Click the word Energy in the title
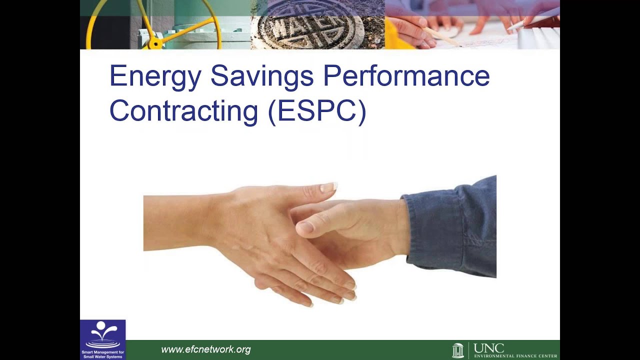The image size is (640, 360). (x=155, y=76)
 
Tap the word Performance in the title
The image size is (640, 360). (x=406, y=76)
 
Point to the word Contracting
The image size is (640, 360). (x=183, y=111)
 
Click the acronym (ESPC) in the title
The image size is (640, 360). (x=317, y=111)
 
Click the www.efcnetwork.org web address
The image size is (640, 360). (x=205, y=350)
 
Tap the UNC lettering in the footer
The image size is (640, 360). (x=488, y=347)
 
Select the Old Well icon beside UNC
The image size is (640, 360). (x=457, y=350)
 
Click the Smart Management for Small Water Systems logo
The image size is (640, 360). (x=102, y=339)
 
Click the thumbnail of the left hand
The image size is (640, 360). (x=328, y=187)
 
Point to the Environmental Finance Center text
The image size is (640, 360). (x=515, y=356)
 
